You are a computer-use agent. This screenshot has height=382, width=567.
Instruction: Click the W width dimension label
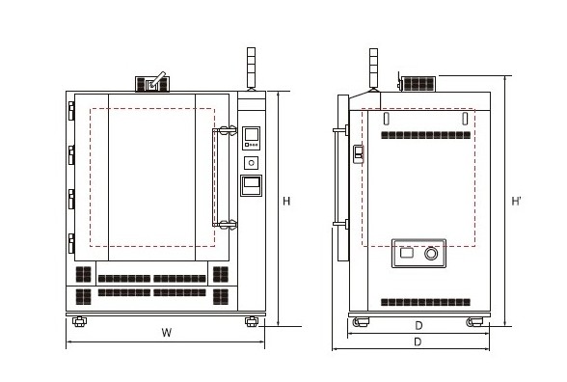point(166,333)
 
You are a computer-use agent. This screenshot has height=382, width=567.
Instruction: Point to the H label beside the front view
point(286,201)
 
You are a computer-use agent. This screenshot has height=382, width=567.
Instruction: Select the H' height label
point(517,201)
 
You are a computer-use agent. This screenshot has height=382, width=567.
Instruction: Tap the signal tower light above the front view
point(251,68)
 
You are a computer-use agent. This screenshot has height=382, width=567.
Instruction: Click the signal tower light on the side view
point(373,68)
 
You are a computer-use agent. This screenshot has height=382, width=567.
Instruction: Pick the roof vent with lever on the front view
point(152,83)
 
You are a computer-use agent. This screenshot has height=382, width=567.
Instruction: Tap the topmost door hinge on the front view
point(71,111)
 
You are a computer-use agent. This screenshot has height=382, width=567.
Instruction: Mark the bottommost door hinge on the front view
point(71,243)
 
